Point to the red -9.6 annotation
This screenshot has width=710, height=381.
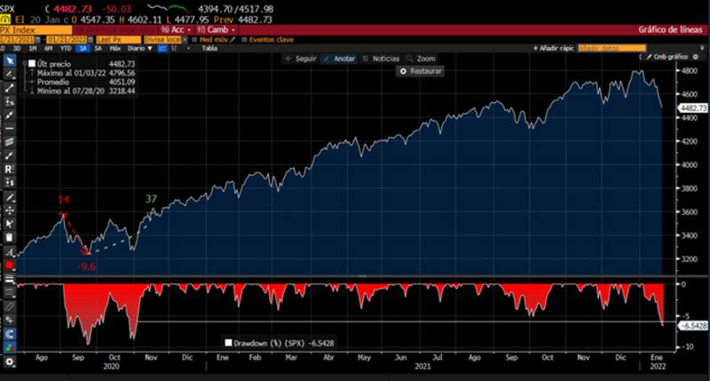click(x=86, y=266)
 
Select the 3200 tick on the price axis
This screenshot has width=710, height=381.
click(x=689, y=259)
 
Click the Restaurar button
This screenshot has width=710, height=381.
click(x=421, y=71)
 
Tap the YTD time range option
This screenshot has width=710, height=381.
click(x=66, y=49)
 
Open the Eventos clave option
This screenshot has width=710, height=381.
click(x=272, y=40)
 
